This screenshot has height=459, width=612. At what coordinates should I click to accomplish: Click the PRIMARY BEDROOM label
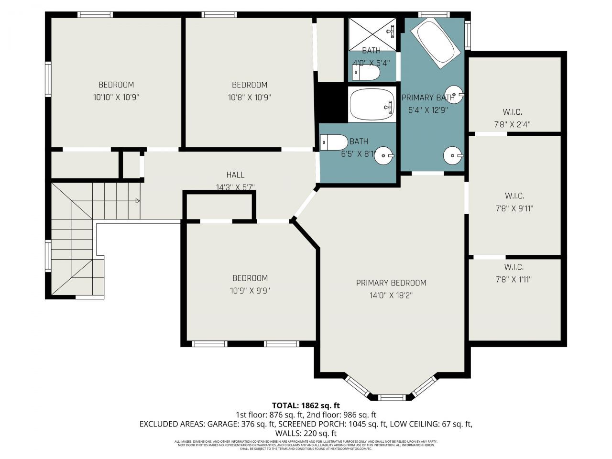[391, 283]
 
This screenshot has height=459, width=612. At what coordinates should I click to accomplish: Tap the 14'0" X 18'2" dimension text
[391, 295]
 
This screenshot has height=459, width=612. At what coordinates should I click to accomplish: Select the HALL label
[235, 175]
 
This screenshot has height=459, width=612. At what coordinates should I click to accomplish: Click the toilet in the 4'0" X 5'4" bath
[366, 73]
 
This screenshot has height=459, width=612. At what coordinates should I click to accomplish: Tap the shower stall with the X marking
[372, 33]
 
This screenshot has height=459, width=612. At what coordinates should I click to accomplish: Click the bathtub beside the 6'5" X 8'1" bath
[371, 105]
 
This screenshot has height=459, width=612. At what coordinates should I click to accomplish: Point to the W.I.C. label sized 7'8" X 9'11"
[514, 196]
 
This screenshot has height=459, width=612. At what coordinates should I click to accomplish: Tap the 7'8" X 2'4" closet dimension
[512, 124]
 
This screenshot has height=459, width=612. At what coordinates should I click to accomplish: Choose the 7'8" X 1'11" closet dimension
[514, 279]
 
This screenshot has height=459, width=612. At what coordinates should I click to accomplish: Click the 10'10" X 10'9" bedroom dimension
[116, 97]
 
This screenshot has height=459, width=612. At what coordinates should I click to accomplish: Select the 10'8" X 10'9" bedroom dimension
[249, 97]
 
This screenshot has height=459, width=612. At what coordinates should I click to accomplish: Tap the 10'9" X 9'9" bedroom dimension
[250, 290]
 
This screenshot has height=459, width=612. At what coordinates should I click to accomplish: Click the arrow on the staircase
[137, 201]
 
